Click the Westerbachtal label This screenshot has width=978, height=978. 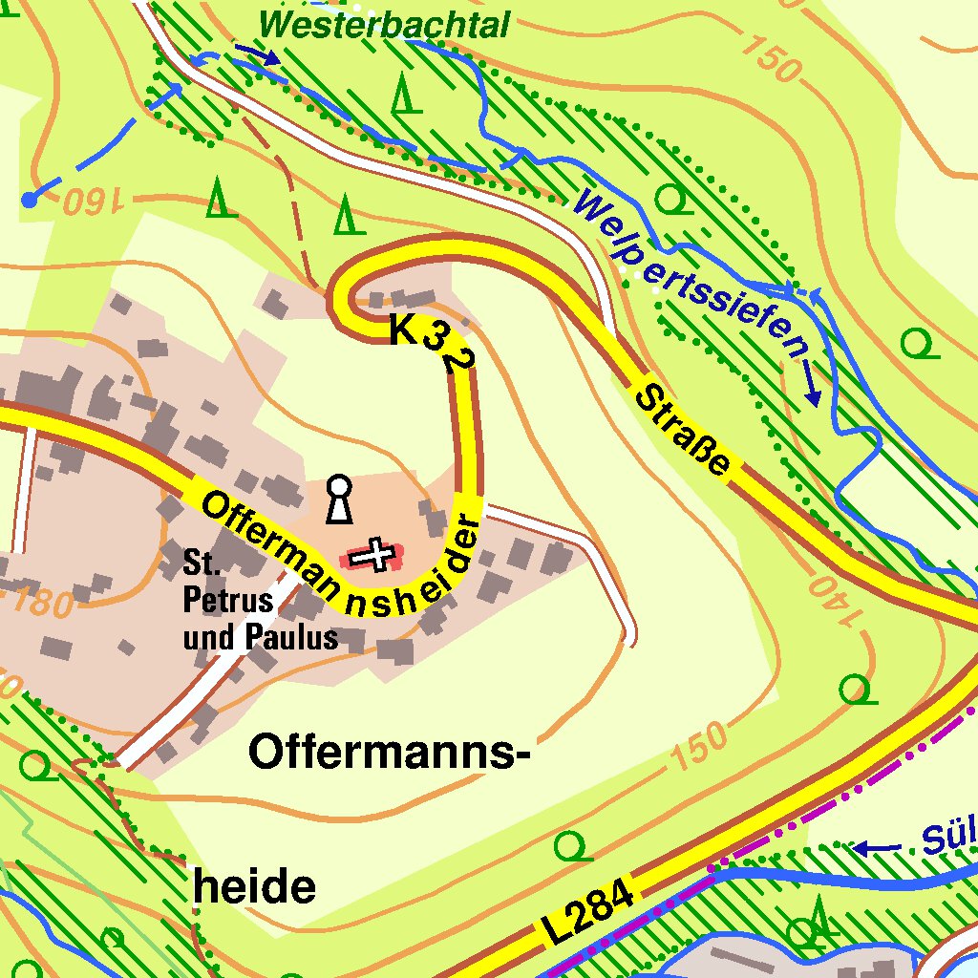(x=384, y=24)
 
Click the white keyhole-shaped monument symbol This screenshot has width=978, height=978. (x=338, y=499)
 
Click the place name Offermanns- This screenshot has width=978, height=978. (x=389, y=753)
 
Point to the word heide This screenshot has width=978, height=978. (x=254, y=887)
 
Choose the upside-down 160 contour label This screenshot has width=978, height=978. (x=93, y=202)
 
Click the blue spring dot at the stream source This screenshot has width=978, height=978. (x=30, y=200)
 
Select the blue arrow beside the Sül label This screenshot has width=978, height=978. (x=876, y=847)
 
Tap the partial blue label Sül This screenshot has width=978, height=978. (x=948, y=837)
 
